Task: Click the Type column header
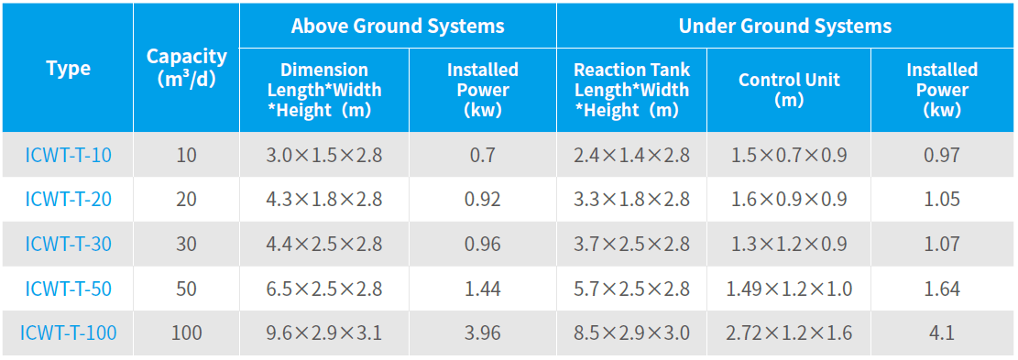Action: coord(68,68)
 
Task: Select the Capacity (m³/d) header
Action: coord(186,68)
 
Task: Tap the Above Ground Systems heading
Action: coord(398,26)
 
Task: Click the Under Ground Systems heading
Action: coord(785,26)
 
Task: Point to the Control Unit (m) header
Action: coord(789,90)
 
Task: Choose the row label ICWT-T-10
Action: coord(68,155)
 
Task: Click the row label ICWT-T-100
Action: coord(68,333)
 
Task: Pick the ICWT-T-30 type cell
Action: coord(68,244)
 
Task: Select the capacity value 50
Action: coord(186,289)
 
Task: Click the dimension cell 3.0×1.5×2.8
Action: coord(324,155)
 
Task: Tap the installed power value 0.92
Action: coord(482,199)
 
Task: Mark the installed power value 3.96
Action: coord(482,333)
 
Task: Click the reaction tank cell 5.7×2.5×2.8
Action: coord(631,289)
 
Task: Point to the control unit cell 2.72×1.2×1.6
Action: coord(789,333)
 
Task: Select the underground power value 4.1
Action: coord(942,333)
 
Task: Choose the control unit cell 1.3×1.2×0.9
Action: coord(789,244)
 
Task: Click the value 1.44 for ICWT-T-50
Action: coord(482,289)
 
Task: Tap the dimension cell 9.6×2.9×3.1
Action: coord(324,333)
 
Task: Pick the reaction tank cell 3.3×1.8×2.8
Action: coord(631,199)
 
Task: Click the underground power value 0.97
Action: coord(942,155)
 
